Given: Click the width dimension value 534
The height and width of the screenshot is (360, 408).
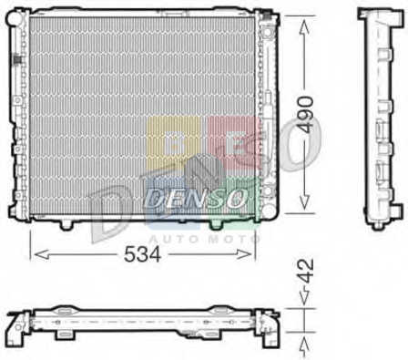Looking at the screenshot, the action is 142,253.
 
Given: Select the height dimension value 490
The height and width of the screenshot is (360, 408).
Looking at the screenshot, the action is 304,115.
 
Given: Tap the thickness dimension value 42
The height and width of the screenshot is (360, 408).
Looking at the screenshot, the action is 304,271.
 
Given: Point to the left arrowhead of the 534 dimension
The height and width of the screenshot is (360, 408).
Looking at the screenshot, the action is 42,254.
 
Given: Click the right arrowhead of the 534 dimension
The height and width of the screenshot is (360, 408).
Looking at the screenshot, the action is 244,254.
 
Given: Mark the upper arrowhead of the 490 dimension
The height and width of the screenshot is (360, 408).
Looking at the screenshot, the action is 304,27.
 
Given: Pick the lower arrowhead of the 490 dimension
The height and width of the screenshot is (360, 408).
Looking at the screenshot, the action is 304,201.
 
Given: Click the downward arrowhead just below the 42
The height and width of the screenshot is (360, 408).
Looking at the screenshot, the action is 304,297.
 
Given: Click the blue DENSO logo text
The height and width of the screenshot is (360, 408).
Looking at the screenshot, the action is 197,199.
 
